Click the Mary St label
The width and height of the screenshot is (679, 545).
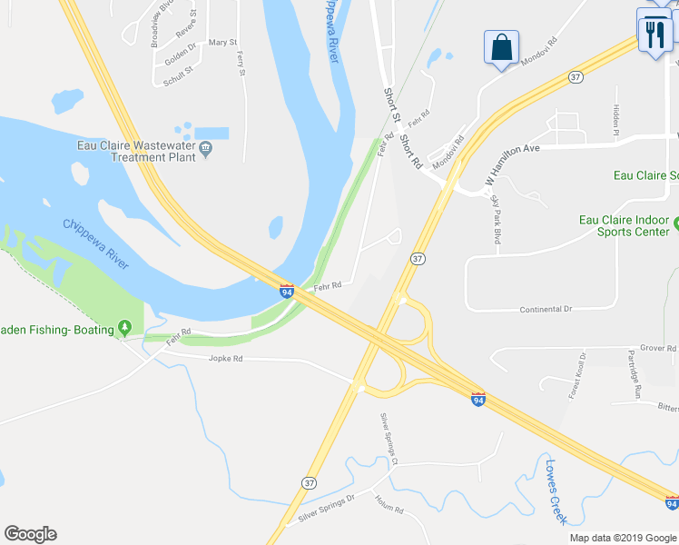pyautogui.click(x=222, y=43)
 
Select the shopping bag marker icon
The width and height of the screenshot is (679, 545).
pyautogui.click(x=502, y=47)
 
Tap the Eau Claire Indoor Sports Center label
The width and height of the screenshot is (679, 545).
pyautogui.click(x=625, y=225)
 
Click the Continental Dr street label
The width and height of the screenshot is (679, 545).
pyautogui.click(x=546, y=310)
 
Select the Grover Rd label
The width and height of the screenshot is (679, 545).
pyautogui.click(x=658, y=348)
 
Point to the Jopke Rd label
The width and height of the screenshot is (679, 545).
pyautogui.click(x=226, y=359)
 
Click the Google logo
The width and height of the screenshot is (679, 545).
pyautogui.click(x=30, y=534)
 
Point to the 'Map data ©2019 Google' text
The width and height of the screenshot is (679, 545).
pyautogui.click(x=623, y=538)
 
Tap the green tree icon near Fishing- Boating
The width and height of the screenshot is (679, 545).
pyautogui.click(x=124, y=329)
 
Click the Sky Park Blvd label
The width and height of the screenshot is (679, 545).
pyautogui.click(x=496, y=219)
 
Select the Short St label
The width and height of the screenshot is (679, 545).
pyautogui.click(x=391, y=104)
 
